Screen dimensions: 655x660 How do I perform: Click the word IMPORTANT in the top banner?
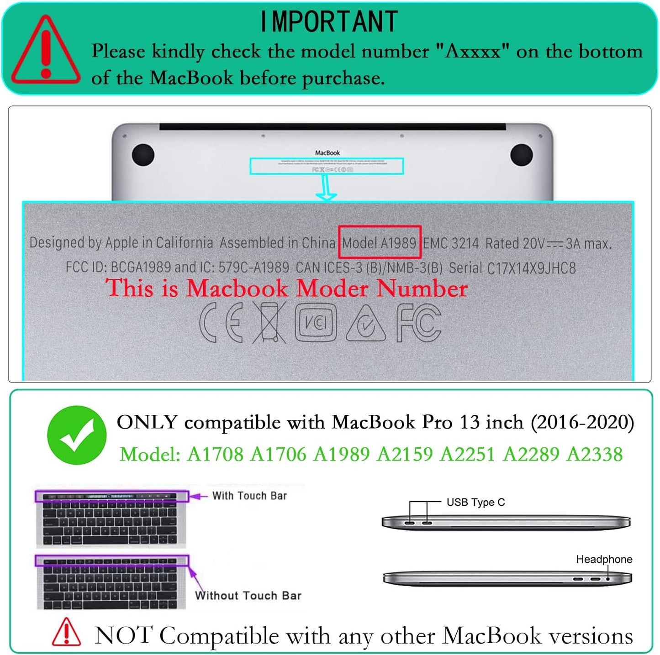pos(329,21)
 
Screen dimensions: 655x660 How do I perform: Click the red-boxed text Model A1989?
pos(379,242)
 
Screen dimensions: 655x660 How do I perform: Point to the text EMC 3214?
pos(450,243)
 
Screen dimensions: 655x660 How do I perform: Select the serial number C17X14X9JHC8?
pos(531,268)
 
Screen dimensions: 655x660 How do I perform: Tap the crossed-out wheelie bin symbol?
pos(269,323)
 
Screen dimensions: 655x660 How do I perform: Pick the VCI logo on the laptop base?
pos(316,323)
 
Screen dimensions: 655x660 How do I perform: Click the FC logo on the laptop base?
pos(418,323)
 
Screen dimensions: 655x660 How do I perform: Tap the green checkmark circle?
pos(77,435)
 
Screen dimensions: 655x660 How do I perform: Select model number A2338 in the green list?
pos(594,455)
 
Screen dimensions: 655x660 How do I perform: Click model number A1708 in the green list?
pos(215,455)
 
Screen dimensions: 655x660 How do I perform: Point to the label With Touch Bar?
pos(249,496)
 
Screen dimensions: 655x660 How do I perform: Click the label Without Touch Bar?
pos(248,596)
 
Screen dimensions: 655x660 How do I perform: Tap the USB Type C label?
pos(475,503)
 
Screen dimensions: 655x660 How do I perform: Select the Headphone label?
pos(604,560)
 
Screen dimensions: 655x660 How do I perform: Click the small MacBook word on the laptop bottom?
pos(327,153)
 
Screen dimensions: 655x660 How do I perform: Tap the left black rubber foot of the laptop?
pos(143,155)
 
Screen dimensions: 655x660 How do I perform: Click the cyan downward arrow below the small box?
pos(326,188)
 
